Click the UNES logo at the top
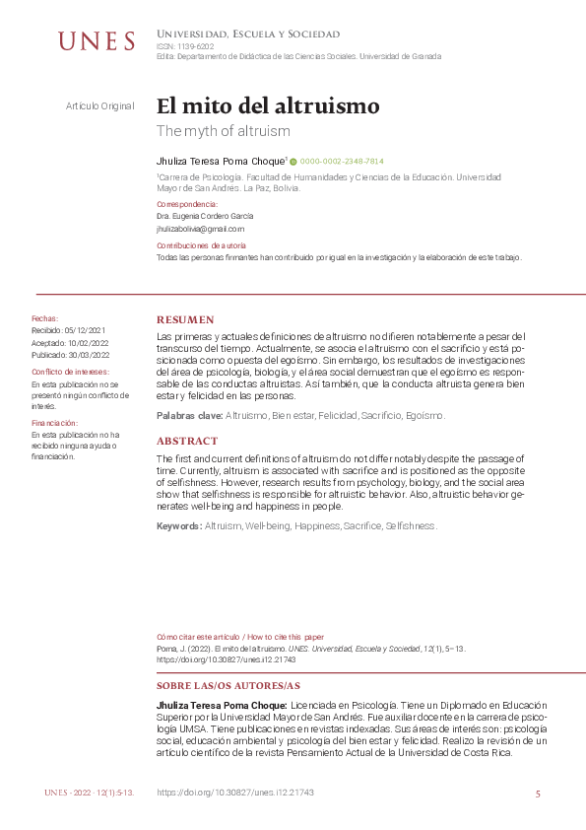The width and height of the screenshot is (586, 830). coord(96,41)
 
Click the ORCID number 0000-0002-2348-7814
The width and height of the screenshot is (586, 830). coord(342,161)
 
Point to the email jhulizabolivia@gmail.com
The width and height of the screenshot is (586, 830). coord(200,228)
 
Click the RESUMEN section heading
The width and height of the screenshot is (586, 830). coord(185,320)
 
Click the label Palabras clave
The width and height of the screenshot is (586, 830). coord(190,416)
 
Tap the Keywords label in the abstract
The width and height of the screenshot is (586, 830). coord(179,526)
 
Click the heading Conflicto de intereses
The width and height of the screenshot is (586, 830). coord(70,371)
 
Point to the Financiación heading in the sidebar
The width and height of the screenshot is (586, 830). coord(55,422)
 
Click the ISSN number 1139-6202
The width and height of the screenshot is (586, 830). coord(194,46)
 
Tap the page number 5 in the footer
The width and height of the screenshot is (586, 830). coord(538,794)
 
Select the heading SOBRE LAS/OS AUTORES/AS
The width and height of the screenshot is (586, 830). coord(228,685)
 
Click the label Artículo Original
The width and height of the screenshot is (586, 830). coord(99,105)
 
